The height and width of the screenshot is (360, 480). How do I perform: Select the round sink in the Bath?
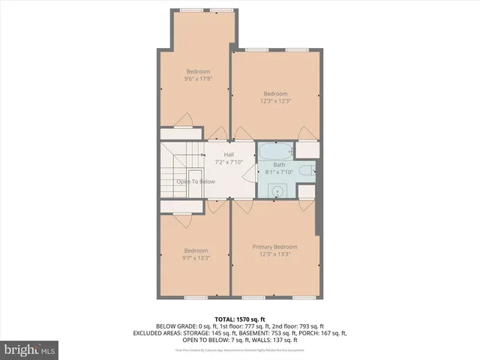[x=278, y=191]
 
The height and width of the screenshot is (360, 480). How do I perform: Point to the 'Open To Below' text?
[x=196, y=181]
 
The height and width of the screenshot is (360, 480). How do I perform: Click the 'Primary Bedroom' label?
[x=274, y=247]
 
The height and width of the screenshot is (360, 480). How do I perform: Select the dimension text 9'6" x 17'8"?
[x=198, y=79]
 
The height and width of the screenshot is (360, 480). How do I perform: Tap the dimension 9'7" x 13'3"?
[x=196, y=257]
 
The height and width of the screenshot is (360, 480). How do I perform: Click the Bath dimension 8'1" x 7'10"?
[x=279, y=172]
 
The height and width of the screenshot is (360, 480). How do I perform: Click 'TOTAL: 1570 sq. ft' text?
[x=239, y=319]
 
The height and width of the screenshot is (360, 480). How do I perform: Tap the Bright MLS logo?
[x=30, y=349]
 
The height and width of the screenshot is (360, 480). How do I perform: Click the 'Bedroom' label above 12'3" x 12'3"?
[x=275, y=94]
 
